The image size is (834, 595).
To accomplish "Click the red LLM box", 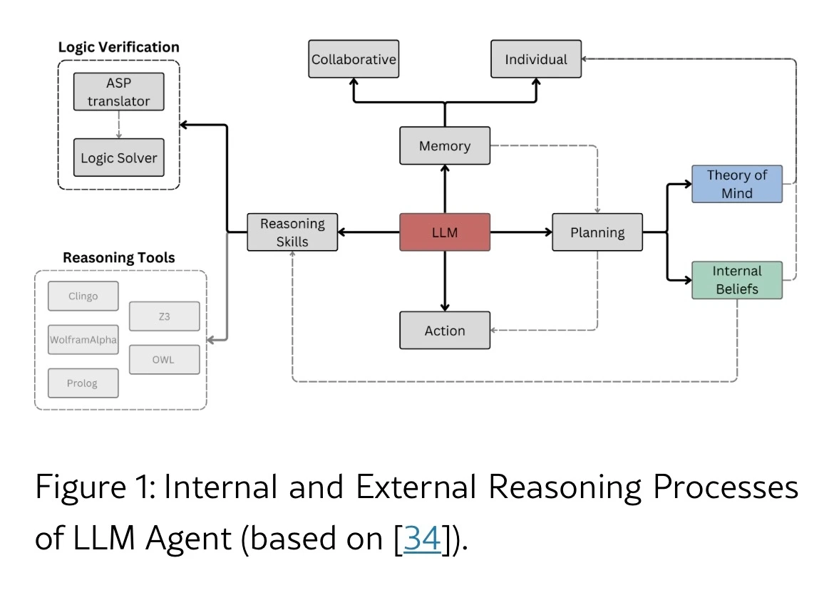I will point(445,232).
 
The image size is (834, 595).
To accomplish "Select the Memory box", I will point(445,145).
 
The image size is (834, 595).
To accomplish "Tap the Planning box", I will point(597,232).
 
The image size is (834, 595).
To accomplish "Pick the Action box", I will point(445,331).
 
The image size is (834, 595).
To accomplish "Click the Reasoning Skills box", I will point(292,232).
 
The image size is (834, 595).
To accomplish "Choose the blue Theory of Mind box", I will point(736,184).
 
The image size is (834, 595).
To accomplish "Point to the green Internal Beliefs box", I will point(736,280).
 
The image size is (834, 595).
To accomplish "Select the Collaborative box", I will point(354,59).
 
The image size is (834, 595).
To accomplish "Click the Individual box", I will point(536,59).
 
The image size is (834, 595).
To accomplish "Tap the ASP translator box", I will point(118,92).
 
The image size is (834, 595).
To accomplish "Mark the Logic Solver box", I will point(118,157).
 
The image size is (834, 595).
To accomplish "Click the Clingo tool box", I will point(83,296).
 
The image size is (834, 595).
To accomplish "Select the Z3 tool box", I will point(164,316).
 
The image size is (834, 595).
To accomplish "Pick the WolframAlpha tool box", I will point(83,340).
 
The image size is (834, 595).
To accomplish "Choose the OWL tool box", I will point(164,360).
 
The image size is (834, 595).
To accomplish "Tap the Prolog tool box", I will point(83,383).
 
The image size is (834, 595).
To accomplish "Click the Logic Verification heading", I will point(118,47).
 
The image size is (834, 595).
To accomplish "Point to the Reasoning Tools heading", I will point(118,257).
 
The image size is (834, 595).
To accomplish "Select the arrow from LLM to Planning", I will point(521,232).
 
